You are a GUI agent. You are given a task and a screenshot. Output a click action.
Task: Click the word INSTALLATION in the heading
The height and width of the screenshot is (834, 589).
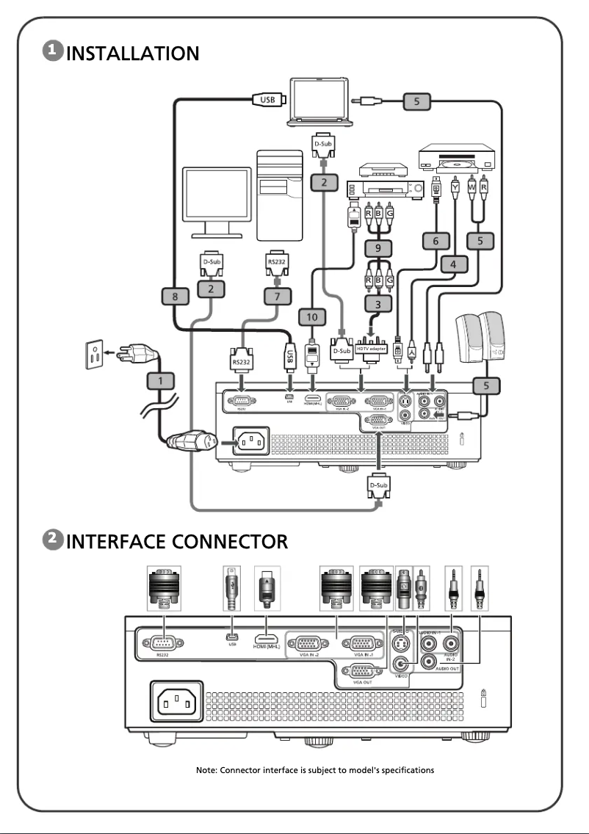(133, 53)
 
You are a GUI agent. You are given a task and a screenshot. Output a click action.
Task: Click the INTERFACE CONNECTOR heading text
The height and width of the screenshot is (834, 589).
(177, 542)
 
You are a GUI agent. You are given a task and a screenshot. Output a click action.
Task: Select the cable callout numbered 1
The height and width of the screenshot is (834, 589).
(159, 380)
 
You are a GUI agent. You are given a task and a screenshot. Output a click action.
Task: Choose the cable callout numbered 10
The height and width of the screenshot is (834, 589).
(312, 317)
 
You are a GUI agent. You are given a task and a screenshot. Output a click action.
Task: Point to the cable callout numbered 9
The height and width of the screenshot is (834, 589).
(377, 249)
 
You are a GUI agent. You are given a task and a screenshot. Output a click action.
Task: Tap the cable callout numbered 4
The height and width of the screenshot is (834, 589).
(455, 263)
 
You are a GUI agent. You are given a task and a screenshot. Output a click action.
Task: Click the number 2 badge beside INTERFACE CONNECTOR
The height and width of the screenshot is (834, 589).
(54, 540)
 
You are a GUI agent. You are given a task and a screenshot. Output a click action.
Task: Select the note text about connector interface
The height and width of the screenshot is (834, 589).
(315, 769)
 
